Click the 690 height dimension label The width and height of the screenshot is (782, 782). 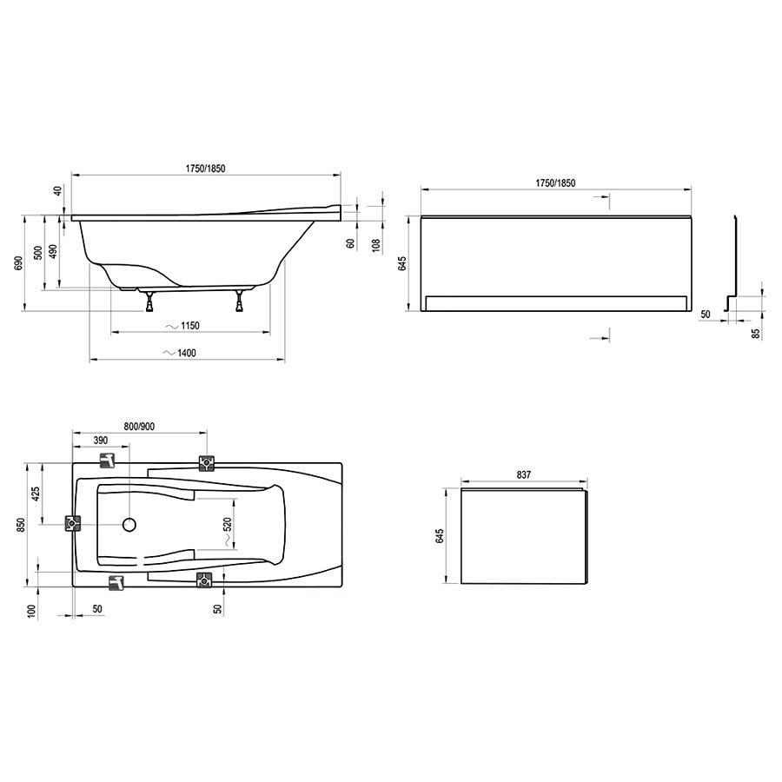[x=18, y=263]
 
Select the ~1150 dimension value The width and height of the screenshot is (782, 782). [x=182, y=326]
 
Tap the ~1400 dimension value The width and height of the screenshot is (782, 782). [x=180, y=353]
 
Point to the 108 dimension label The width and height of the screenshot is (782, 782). [x=376, y=245]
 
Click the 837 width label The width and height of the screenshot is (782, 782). [x=524, y=474]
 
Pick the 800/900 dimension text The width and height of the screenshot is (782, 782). [x=139, y=427]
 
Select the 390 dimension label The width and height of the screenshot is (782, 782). [x=100, y=441]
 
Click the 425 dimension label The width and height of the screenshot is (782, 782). [x=36, y=494]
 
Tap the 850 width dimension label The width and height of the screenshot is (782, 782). [x=20, y=525]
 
